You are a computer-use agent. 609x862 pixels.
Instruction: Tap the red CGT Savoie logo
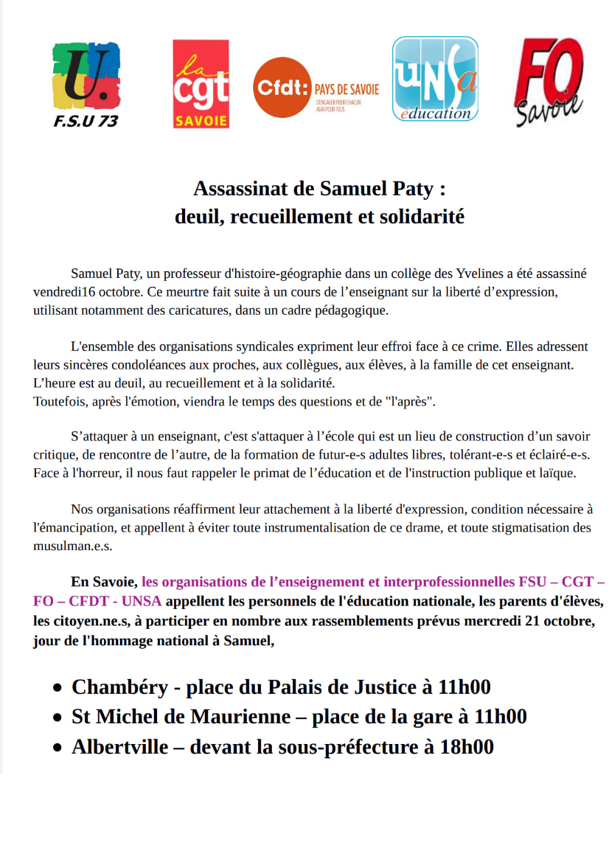201,84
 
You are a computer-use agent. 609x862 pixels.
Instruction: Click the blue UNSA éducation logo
435,79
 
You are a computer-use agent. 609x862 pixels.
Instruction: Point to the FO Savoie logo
548,83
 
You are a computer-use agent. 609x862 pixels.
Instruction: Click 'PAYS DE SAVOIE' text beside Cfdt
347,89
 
